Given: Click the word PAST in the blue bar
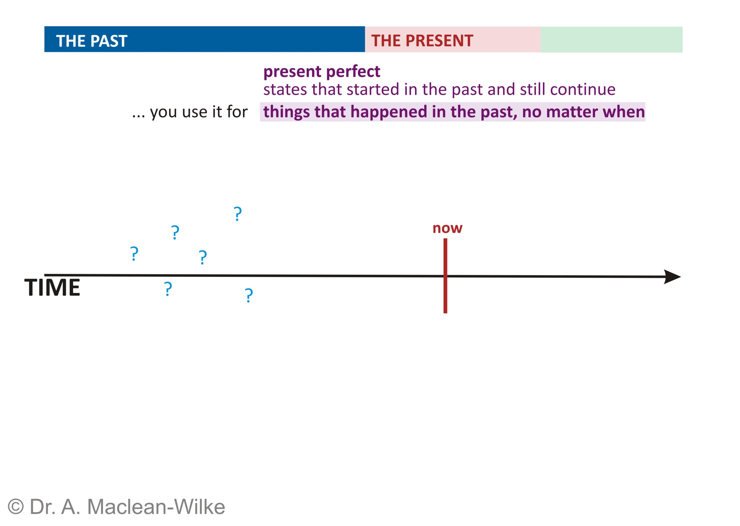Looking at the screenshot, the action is tap(109, 41).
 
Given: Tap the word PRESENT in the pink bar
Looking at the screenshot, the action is tap(439, 41).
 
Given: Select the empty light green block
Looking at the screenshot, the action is tap(611, 40).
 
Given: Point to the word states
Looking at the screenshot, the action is tap(285, 89).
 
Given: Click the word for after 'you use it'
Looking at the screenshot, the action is tap(237, 112).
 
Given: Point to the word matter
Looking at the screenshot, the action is tap(572, 112).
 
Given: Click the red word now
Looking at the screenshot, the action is tap(448, 228).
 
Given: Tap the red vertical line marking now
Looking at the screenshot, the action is tap(445, 276).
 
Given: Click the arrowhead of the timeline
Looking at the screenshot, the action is tap(672, 277).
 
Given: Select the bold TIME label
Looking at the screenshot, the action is tap(52, 288).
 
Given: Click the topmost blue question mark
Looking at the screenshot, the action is tap(238, 214).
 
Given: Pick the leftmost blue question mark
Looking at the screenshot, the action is tap(134, 254).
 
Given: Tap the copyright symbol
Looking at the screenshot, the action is tap(15, 507).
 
